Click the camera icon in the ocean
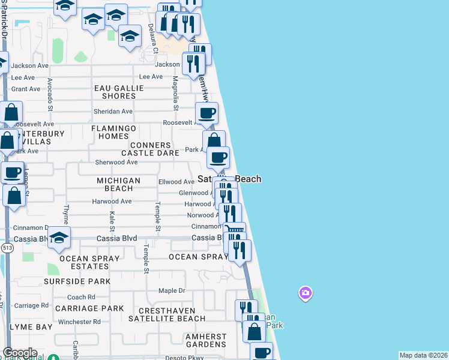(306, 293)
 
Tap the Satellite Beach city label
(230, 179)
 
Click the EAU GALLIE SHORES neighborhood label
(119, 92)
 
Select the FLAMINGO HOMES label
(114, 132)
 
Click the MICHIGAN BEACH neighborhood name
(119, 184)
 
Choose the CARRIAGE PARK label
(89, 308)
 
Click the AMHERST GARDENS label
(206, 340)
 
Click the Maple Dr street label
(172, 291)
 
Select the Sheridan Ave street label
(113, 111)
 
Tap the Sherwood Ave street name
(116, 162)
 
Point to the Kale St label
(112, 221)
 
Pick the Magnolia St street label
(176, 94)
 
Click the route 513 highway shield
(7, 247)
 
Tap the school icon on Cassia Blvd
(59, 238)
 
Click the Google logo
(19, 353)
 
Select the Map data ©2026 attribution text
(423, 355)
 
